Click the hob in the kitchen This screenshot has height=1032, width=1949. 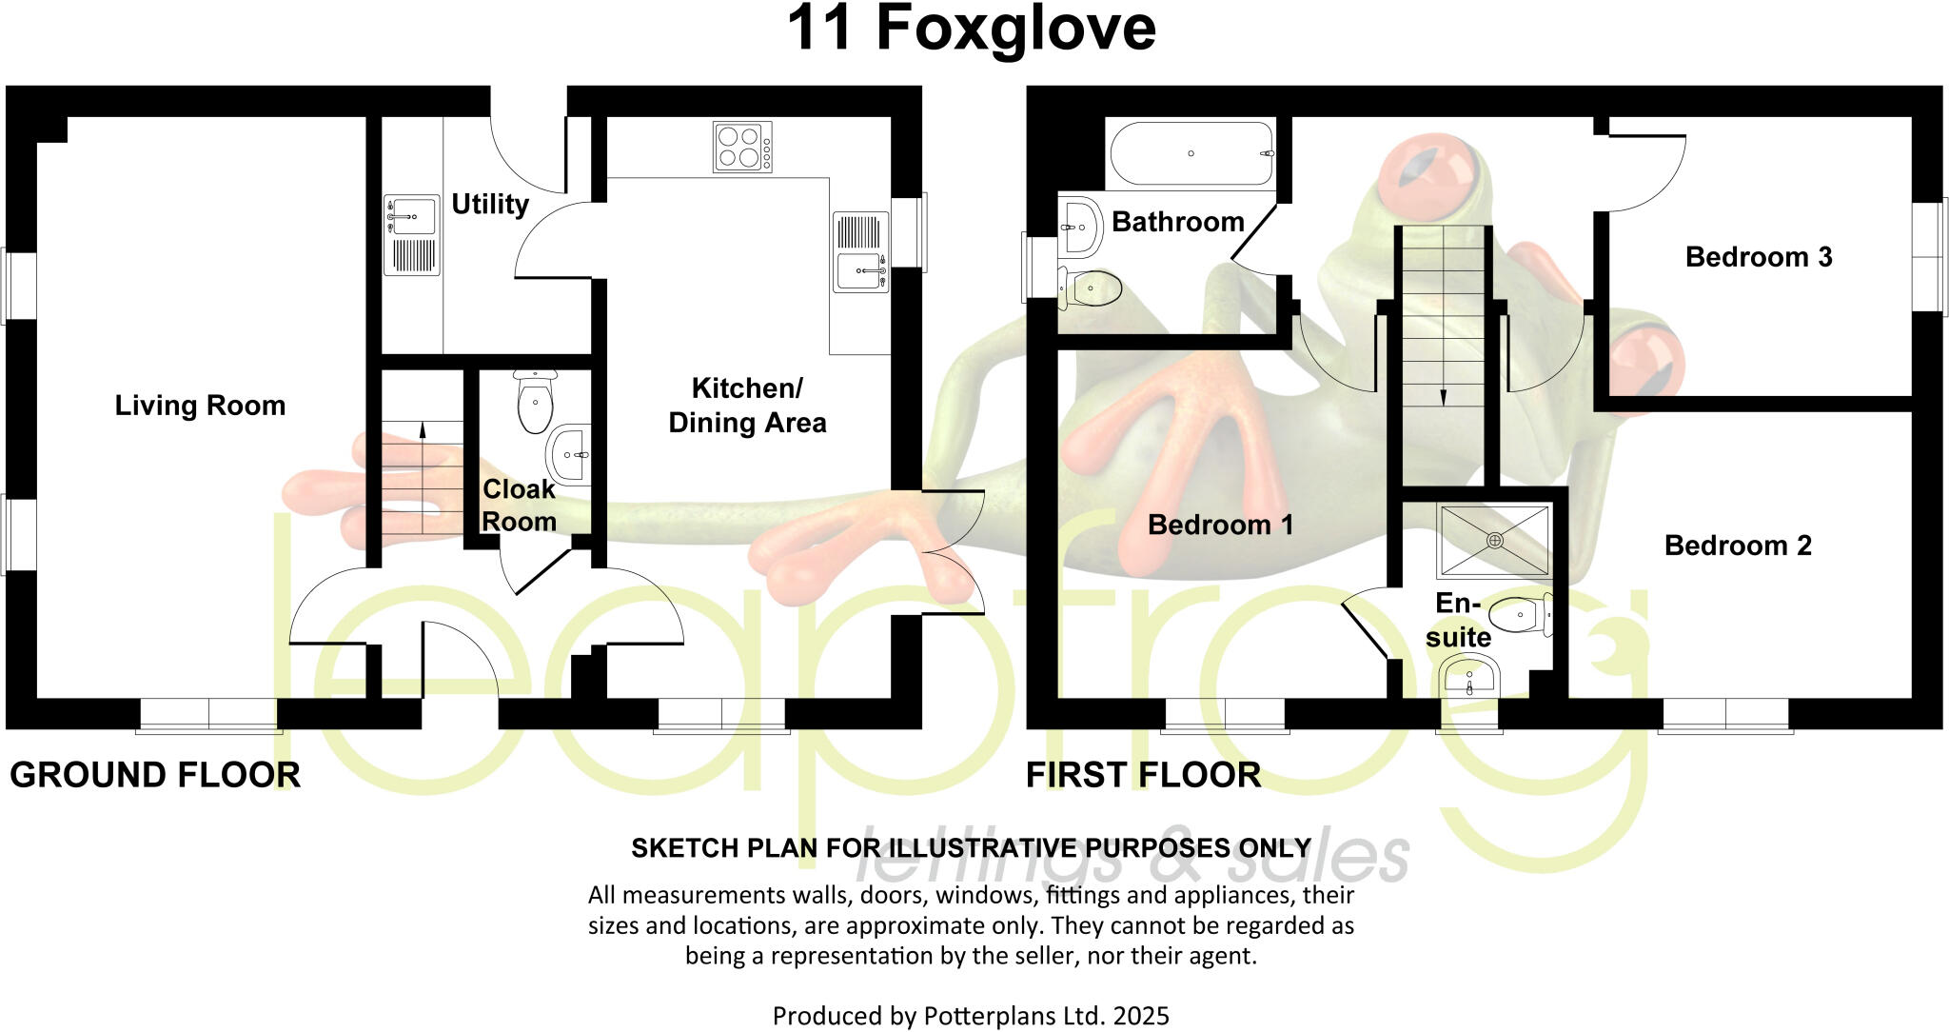tap(742, 148)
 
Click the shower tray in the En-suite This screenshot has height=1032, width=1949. tap(1494, 540)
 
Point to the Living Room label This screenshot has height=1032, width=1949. tap(200, 406)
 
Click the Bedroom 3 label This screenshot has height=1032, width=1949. tap(1758, 257)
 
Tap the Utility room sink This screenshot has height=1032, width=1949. tap(411, 216)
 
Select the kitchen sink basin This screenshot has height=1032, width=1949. tap(860, 271)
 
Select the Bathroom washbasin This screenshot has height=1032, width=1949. tap(1080, 227)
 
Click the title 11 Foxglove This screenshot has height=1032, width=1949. tap(972, 29)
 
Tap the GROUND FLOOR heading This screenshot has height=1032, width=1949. tap(155, 775)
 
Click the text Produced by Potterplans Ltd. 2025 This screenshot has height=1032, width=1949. tap(971, 1016)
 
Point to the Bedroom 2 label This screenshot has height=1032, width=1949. tap(1738, 546)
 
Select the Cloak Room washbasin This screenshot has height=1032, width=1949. tap(570, 454)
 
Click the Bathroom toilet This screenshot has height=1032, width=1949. tap(1092, 288)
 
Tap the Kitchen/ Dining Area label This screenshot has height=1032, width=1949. tap(747, 406)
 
